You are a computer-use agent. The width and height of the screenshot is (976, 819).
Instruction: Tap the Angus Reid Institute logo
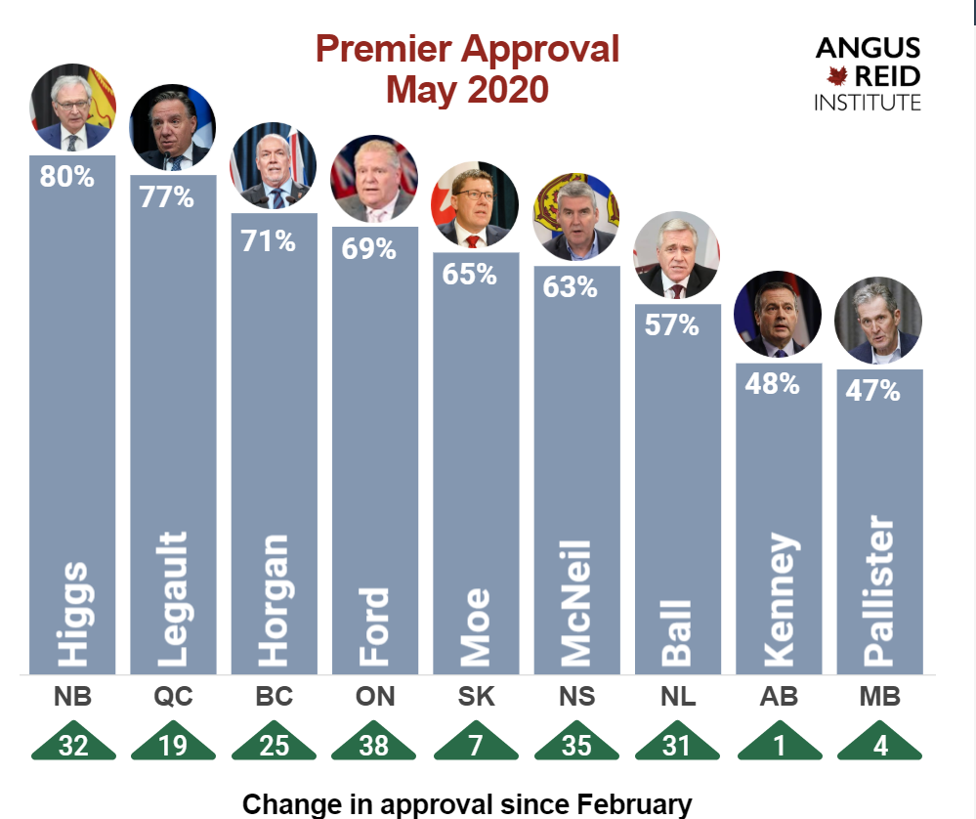[x=868, y=73]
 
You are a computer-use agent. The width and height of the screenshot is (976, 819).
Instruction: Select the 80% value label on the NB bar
[x=67, y=177]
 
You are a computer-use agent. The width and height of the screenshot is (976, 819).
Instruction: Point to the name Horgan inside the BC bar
[x=274, y=599]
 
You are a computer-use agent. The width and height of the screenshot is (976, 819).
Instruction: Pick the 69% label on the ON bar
[x=368, y=248]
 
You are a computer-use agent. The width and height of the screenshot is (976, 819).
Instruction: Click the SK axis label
[x=476, y=698]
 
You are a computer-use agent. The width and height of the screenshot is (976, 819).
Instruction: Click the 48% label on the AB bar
[x=772, y=384]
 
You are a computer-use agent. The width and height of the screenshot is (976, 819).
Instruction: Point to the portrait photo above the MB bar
[x=879, y=321]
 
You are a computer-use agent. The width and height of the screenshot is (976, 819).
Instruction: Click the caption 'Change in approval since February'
[x=467, y=803]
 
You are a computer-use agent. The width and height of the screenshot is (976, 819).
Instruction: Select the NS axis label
[x=576, y=698]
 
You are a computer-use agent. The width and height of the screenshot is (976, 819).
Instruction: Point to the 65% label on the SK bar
[x=469, y=275]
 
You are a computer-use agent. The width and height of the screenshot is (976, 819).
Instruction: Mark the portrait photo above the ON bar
[x=374, y=180]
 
